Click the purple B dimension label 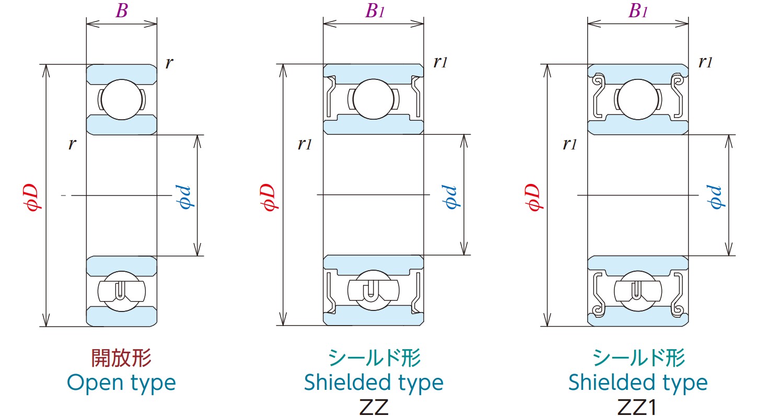pyautogui.click(x=121, y=11)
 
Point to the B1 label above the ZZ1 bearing pyautogui.click(x=638, y=11)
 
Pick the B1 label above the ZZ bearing pyautogui.click(x=374, y=11)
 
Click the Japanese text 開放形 pyautogui.click(x=121, y=359)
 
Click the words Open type pyautogui.click(x=121, y=383)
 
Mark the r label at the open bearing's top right pyautogui.click(x=169, y=64)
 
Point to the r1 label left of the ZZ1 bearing pyautogui.click(x=569, y=145)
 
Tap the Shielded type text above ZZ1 pyautogui.click(x=638, y=383)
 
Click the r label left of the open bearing pyautogui.click(x=72, y=145)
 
